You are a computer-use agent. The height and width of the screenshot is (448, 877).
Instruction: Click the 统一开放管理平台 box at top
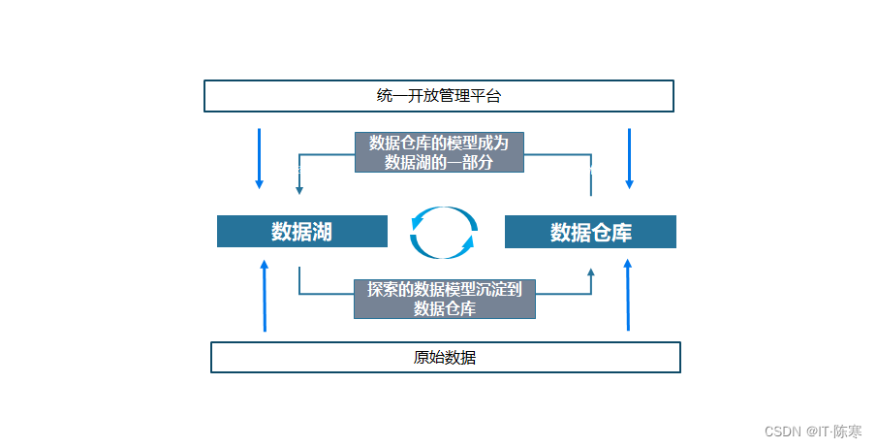click(x=438, y=96)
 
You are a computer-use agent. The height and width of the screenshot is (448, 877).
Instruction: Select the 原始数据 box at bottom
click(x=445, y=357)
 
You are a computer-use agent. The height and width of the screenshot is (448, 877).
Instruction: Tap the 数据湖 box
click(x=301, y=232)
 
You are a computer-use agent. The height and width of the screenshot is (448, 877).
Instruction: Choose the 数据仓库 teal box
click(x=590, y=232)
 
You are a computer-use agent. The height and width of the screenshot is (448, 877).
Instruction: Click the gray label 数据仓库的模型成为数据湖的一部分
click(x=439, y=152)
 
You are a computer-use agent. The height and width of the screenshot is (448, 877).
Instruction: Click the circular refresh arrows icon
click(x=444, y=233)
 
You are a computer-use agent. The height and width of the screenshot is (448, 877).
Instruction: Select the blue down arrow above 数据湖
click(x=259, y=158)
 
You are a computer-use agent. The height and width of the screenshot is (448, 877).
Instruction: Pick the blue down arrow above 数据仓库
click(x=630, y=158)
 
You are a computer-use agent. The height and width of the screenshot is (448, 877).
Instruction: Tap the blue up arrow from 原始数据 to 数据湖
click(x=265, y=295)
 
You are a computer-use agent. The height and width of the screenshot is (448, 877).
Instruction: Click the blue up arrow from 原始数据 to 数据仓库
click(x=628, y=295)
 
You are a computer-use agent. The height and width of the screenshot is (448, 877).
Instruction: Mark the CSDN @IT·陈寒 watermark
click(x=814, y=431)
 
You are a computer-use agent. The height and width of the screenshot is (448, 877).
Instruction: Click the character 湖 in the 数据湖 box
click(x=322, y=232)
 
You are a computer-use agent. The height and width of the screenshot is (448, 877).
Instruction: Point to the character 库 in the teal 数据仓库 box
click(x=620, y=233)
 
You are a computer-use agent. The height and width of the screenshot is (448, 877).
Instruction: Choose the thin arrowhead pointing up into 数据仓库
click(x=591, y=274)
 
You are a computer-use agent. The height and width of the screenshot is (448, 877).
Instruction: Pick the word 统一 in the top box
click(x=392, y=96)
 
